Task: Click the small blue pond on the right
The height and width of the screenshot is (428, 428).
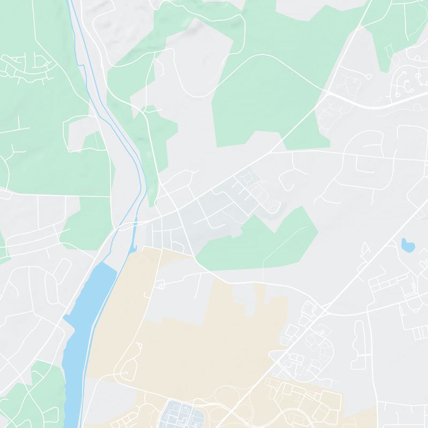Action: [407, 246]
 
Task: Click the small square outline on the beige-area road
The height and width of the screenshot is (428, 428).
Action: [160, 286]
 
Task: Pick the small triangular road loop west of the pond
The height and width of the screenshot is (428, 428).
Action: [365, 248]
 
